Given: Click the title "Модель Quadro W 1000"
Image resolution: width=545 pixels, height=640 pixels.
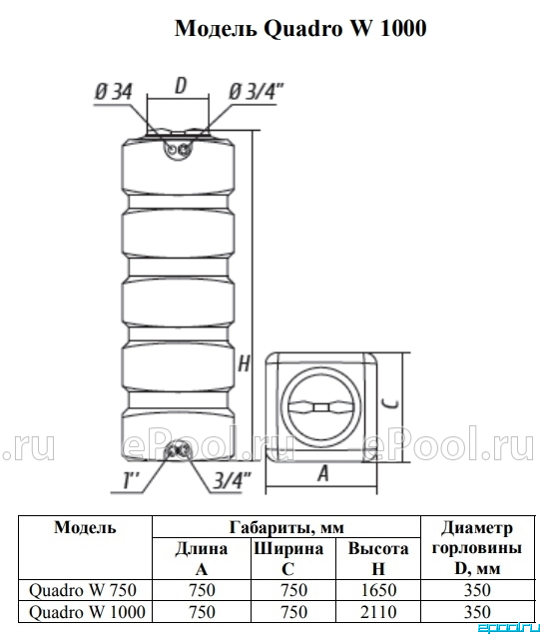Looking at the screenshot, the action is point(300,29).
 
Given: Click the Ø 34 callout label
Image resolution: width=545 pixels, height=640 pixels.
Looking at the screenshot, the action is point(114,91).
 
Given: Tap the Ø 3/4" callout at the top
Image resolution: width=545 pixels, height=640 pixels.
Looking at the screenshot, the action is point(256,91).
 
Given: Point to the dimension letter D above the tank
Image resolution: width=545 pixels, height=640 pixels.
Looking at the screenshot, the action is point(180,86).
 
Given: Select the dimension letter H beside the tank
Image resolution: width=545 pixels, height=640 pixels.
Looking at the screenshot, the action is point(244,362).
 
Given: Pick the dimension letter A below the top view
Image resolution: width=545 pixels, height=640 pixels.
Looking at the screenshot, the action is point(322,473).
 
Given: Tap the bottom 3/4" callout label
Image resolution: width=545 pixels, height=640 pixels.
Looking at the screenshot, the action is point(232,480).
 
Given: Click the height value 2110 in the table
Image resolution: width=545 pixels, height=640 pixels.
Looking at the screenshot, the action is point(378,612).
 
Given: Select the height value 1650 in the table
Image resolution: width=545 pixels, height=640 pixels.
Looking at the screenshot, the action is point(378,590).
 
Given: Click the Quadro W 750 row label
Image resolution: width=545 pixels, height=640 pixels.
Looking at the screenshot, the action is point(83,590).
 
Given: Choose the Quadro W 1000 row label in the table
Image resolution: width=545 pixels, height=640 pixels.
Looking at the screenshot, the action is point(87,612).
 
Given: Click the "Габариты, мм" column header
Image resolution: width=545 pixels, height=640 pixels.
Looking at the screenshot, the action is point(286,527).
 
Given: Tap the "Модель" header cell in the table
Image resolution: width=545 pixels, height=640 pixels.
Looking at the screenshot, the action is point(85,527).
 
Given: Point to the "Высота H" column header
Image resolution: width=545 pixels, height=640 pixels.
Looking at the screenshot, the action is point(378,558).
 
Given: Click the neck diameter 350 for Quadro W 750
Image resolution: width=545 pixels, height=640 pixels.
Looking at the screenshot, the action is point(477,590).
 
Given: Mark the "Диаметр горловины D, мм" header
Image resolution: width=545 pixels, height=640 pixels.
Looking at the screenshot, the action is point(477,548).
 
